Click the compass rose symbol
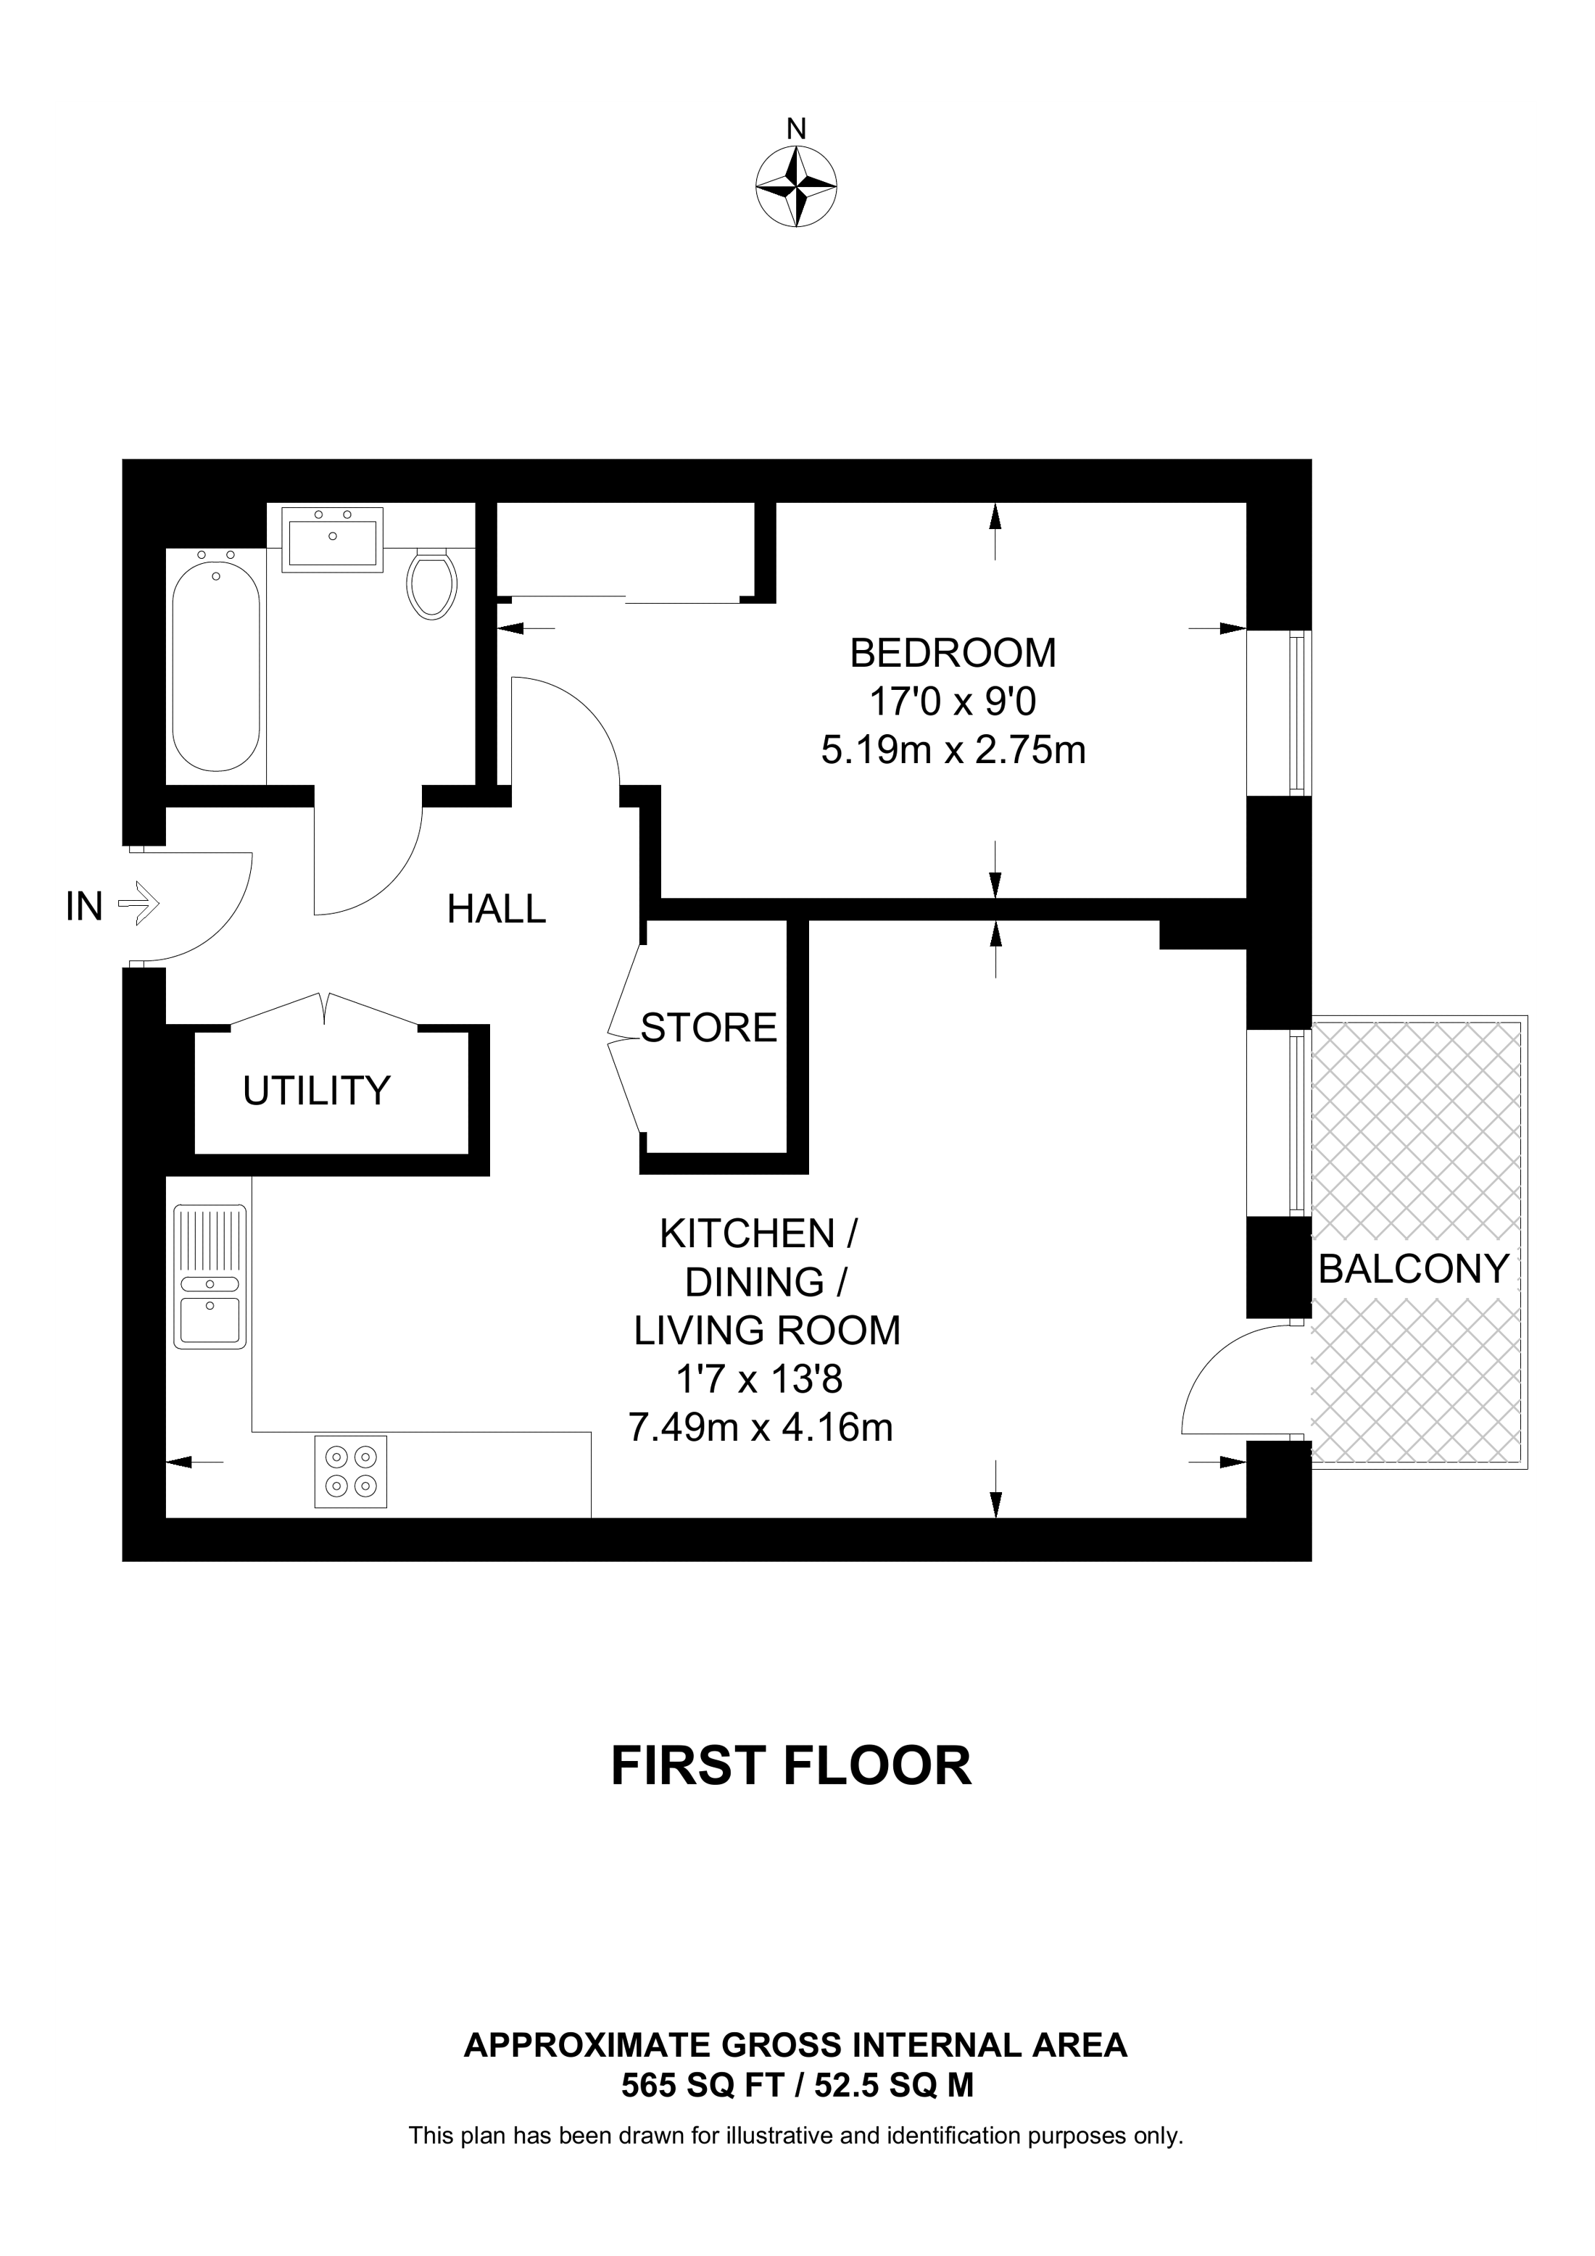[796, 187]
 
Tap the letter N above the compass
[796, 129]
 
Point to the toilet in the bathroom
[432, 583]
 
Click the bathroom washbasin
[332, 538]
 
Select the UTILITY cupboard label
[316, 1091]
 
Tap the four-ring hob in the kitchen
[351, 1471]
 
